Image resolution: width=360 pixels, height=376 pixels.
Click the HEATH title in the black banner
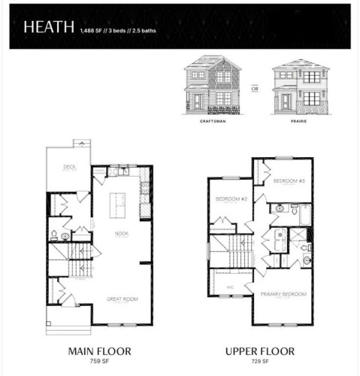[48, 27]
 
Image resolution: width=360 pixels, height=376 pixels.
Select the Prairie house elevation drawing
[296, 86]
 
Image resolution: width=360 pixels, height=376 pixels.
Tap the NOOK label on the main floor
[121, 234]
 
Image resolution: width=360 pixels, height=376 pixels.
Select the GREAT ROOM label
[121, 298]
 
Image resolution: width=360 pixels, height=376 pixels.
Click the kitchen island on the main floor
[118, 205]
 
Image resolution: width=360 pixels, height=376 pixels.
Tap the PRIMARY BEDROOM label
[283, 294]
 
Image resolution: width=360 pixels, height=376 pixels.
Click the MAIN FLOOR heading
[100, 351]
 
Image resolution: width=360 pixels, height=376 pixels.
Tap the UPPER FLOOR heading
[261, 351]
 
